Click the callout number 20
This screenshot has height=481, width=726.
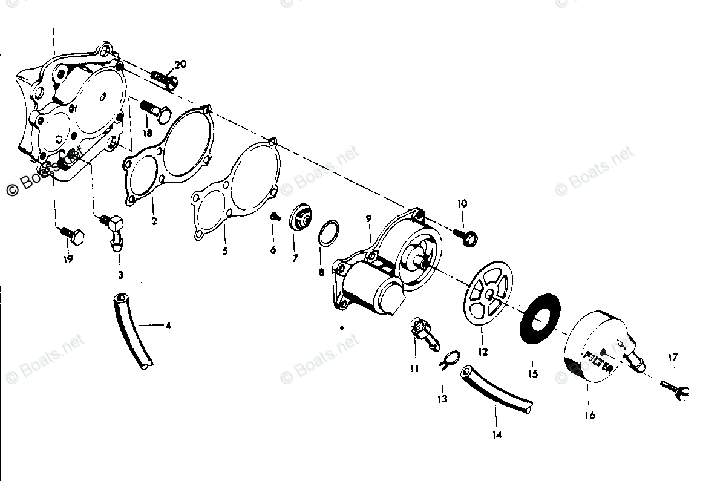[181, 65]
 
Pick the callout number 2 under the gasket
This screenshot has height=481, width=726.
[154, 221]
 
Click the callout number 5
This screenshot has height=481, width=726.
[224, 250]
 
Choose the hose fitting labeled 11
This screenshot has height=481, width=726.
[423, 332]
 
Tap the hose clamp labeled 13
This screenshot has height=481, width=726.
[448, 361]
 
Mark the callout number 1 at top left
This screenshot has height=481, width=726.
[53, 30]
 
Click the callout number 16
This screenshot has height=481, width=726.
[590, 415]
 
